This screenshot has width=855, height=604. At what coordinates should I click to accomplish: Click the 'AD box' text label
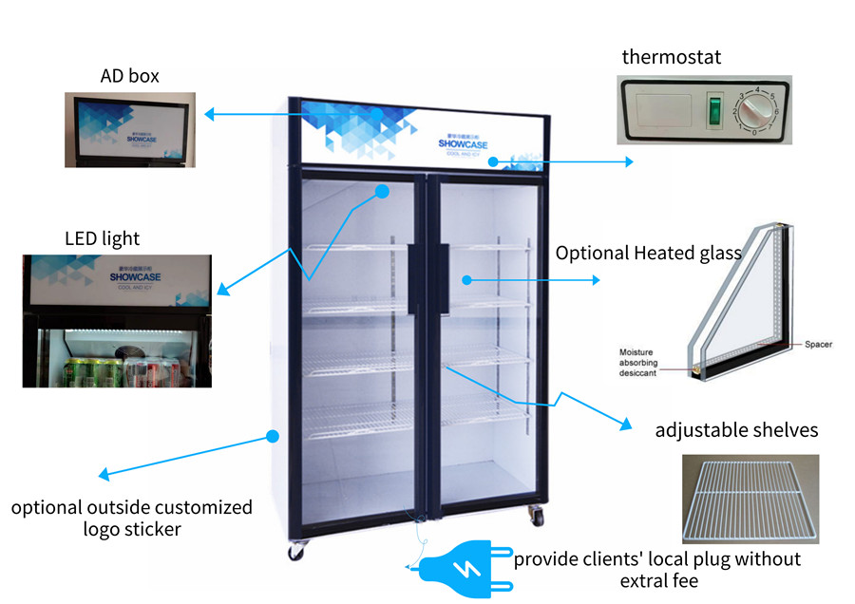(130, 75)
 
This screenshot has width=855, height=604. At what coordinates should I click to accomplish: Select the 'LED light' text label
(102, 237)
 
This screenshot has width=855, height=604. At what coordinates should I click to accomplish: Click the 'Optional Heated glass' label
(648, 253)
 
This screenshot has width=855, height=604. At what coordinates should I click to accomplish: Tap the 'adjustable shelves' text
(736, 430)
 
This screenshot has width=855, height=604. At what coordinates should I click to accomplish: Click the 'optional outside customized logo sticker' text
(132, 518)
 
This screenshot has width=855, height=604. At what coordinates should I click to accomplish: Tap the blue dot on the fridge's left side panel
(272, 437)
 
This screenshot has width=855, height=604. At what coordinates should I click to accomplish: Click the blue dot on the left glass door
(382, 191)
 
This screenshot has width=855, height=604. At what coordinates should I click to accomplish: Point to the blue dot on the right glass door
(466, 279)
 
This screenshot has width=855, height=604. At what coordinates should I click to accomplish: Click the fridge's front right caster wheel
(538, 518)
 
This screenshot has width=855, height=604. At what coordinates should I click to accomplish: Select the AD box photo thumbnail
(130, 129)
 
